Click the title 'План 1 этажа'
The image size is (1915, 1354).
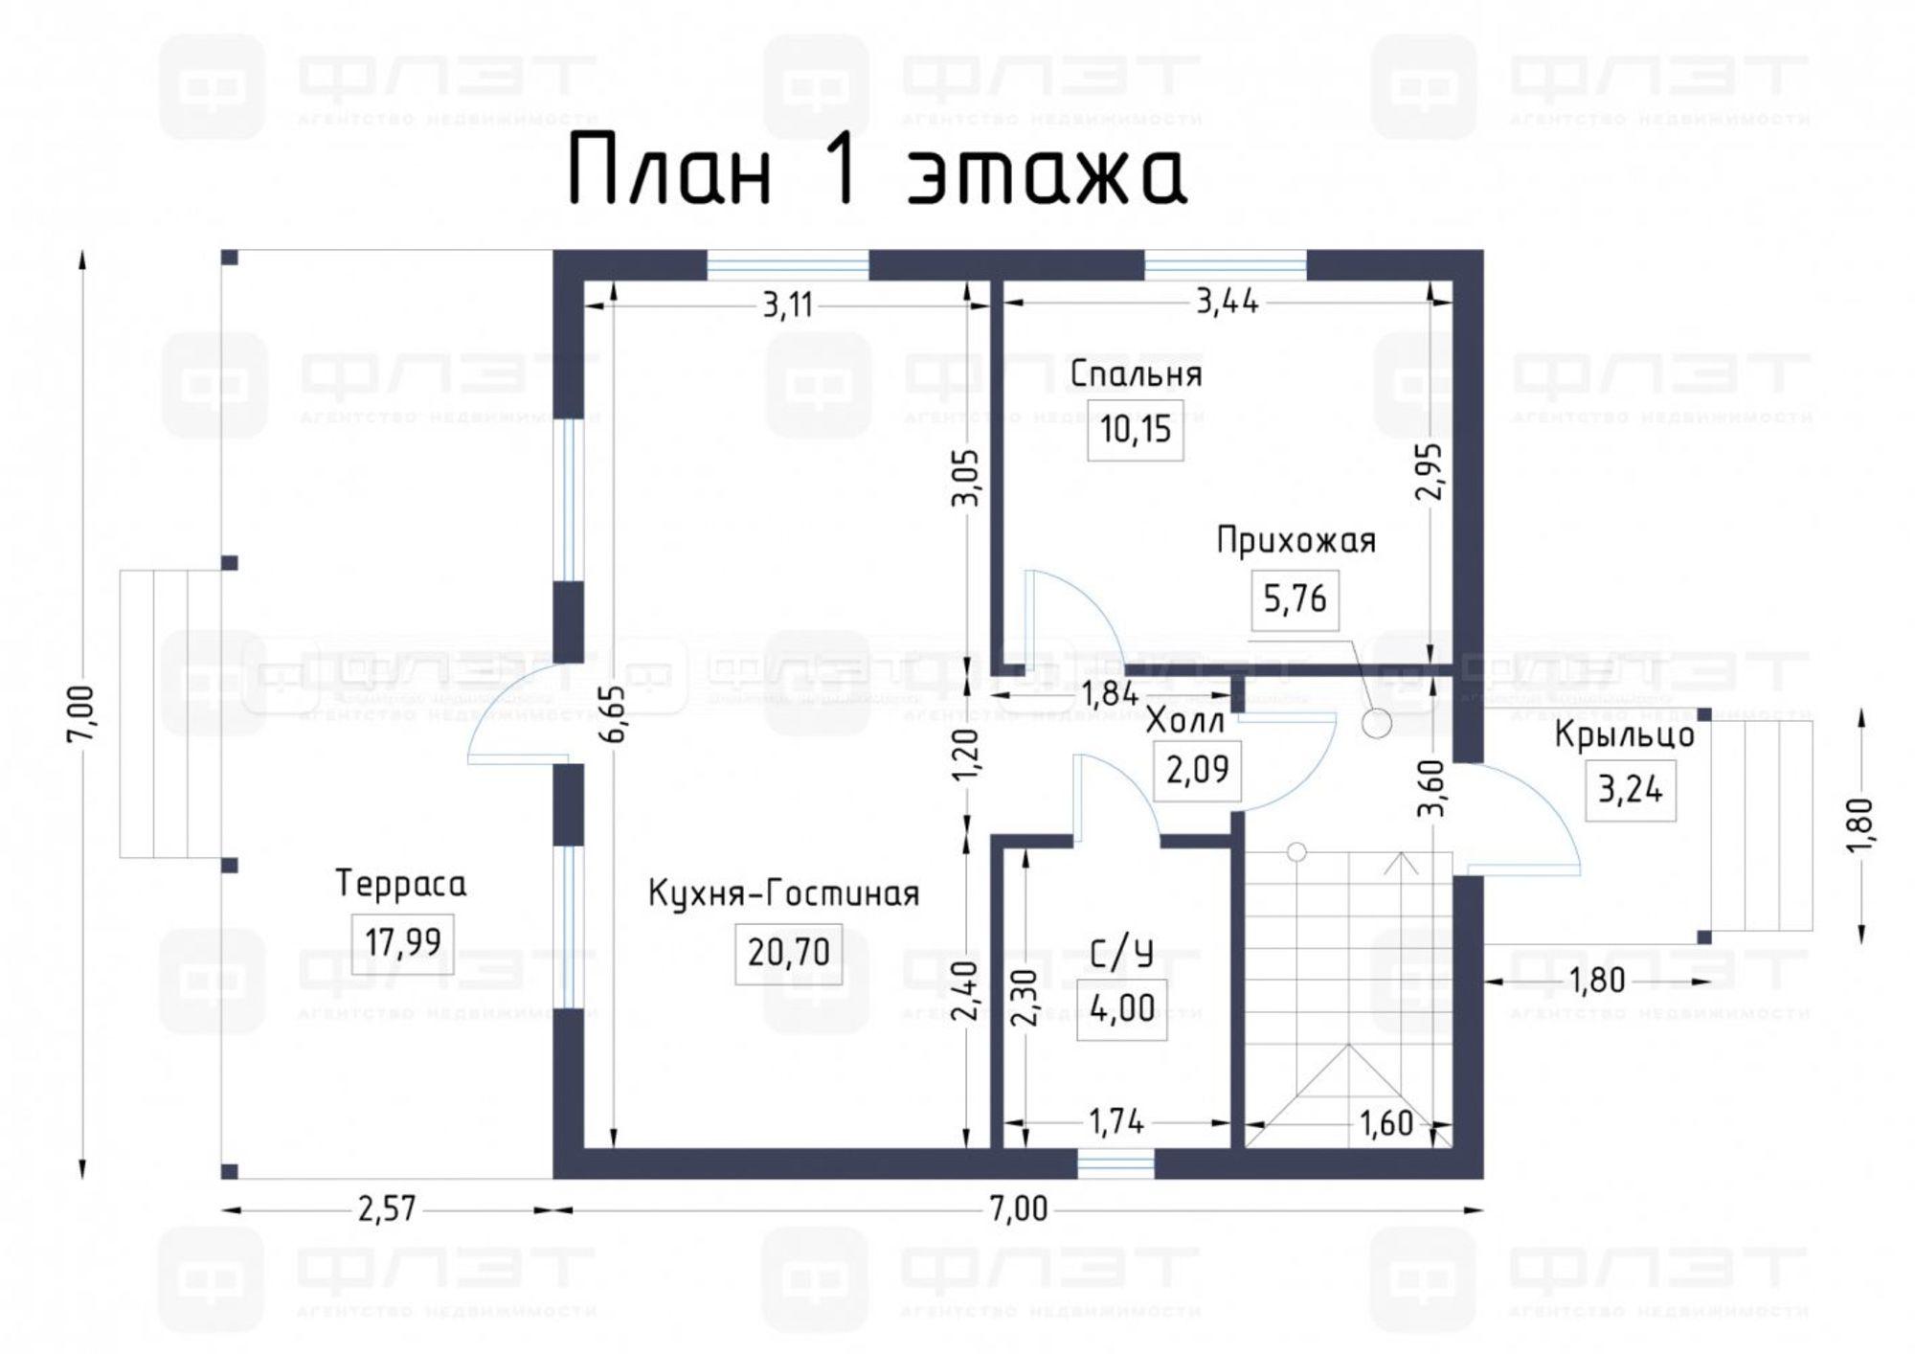(877, 171)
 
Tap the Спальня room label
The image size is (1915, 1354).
(1136, 373)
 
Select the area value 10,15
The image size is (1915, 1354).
(1136, 430)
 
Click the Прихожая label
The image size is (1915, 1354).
(1295, 541)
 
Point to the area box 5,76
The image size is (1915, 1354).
(1295, 600)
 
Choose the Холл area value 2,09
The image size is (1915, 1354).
(1197, 769)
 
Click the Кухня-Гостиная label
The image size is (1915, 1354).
(783, 894)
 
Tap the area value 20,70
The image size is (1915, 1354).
(788, 954)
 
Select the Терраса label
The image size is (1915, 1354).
(401, 884)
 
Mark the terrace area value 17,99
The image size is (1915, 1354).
(402, 943)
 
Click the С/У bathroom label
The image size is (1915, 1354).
(1121, 954)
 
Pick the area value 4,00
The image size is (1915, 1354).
(1121, 1009)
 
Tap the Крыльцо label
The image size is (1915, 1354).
(1624, 735)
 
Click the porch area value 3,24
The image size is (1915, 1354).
(1630, 790)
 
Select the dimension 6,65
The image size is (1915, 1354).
(614, 712)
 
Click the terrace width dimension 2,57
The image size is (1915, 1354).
(387, 1209)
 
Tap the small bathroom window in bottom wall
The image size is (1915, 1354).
(1115, 1164)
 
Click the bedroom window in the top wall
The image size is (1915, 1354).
(1226, 264)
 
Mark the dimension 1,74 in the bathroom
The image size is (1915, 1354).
(1116, 1121)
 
